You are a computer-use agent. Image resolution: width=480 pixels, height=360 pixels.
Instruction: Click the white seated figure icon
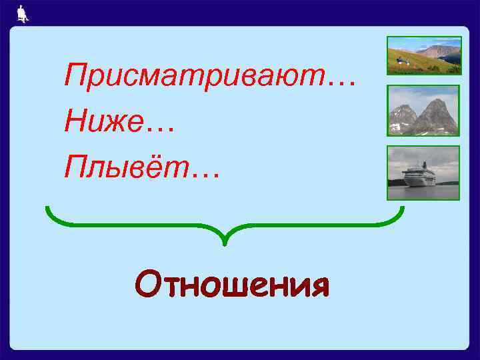click(x=23, y=13)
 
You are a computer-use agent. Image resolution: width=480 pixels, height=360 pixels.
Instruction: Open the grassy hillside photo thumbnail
click(x=424, y=55)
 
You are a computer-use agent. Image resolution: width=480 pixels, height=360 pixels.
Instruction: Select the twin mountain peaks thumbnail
click(x=424, y=111)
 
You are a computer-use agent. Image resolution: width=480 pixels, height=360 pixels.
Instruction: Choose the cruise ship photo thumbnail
click(x=424, y=173)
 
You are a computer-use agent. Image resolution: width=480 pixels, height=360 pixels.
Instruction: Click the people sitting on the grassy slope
click(x=400, y=61)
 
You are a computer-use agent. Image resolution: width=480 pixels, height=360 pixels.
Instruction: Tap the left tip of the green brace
click(x=48, y=209)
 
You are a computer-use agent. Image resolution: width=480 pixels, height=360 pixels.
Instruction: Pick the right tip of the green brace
click(x=402, y=209)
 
